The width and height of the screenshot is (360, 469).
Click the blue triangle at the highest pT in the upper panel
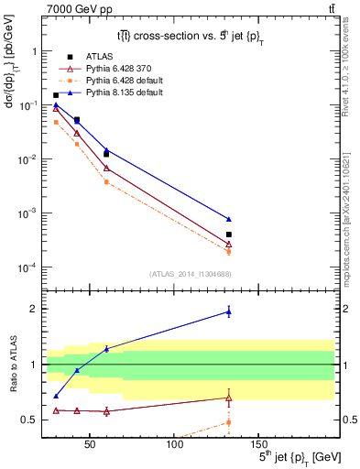click(229, 220)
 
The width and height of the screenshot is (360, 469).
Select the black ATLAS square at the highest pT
click(229, 234)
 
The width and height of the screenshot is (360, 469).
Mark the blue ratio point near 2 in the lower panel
click(229, 312)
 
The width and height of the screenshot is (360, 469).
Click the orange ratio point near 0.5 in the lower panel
click(229, 422)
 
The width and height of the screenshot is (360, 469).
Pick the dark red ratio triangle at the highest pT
click(229, 398)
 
